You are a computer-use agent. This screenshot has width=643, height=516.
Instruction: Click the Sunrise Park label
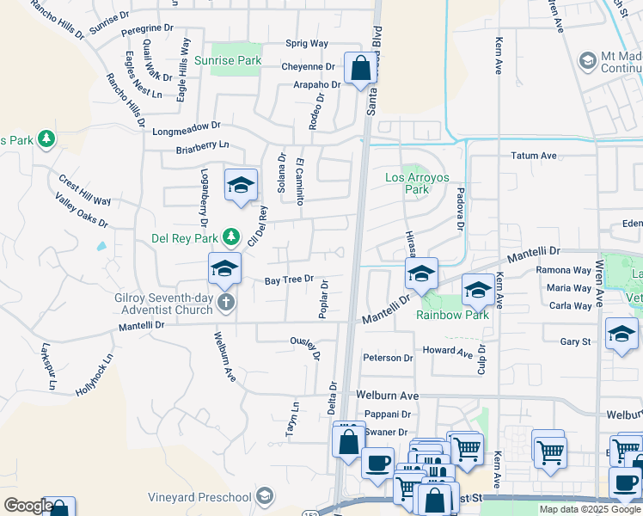pos(227,61)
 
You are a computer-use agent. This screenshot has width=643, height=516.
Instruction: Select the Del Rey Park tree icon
pos(230,235)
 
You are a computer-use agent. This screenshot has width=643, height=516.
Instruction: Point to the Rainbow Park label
pos(452,315)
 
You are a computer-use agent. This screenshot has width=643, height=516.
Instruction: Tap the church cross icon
pos(225,301)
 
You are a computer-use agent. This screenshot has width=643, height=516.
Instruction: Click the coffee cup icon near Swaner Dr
pos(377,463)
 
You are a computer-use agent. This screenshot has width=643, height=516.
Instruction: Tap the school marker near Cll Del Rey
pos(241,185)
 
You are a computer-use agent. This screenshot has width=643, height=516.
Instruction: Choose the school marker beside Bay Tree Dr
pos(224,268)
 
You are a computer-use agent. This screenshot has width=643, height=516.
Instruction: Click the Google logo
pos(28,506)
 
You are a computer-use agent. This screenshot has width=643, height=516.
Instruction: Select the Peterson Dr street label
pos(388,358)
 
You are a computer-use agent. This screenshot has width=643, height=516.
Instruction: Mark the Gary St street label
pos(574,341)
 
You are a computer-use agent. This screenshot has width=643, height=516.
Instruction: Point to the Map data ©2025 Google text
pos(589,509)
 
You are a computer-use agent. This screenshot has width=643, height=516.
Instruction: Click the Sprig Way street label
pos(307,43)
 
